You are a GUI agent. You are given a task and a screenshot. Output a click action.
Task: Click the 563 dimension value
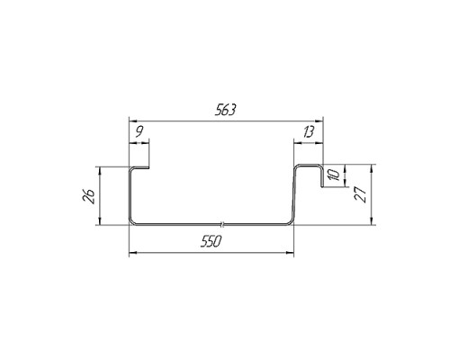pos(226,110)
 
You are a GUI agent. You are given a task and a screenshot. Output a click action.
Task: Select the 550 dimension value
pos(211,241)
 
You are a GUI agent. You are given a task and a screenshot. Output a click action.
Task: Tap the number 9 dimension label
pos(139,131)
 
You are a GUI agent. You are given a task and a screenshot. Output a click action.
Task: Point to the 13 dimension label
pos(309,131)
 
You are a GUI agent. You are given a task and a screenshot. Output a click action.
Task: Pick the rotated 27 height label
pos(361,195)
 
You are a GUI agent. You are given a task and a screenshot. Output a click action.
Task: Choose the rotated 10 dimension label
pos(335,175)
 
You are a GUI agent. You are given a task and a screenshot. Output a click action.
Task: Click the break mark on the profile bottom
pos(222,224)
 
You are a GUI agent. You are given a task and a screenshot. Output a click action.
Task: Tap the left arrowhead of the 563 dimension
pos(132,121)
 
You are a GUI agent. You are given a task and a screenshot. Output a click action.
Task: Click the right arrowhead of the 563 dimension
pos(319,121)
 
